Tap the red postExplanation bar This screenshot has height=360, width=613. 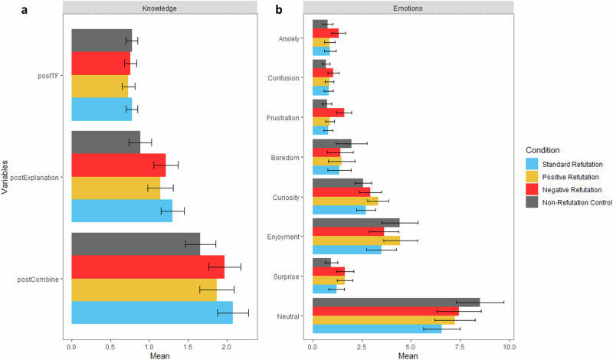click(119, 165)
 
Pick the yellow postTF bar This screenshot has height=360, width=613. click(100, 86)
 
